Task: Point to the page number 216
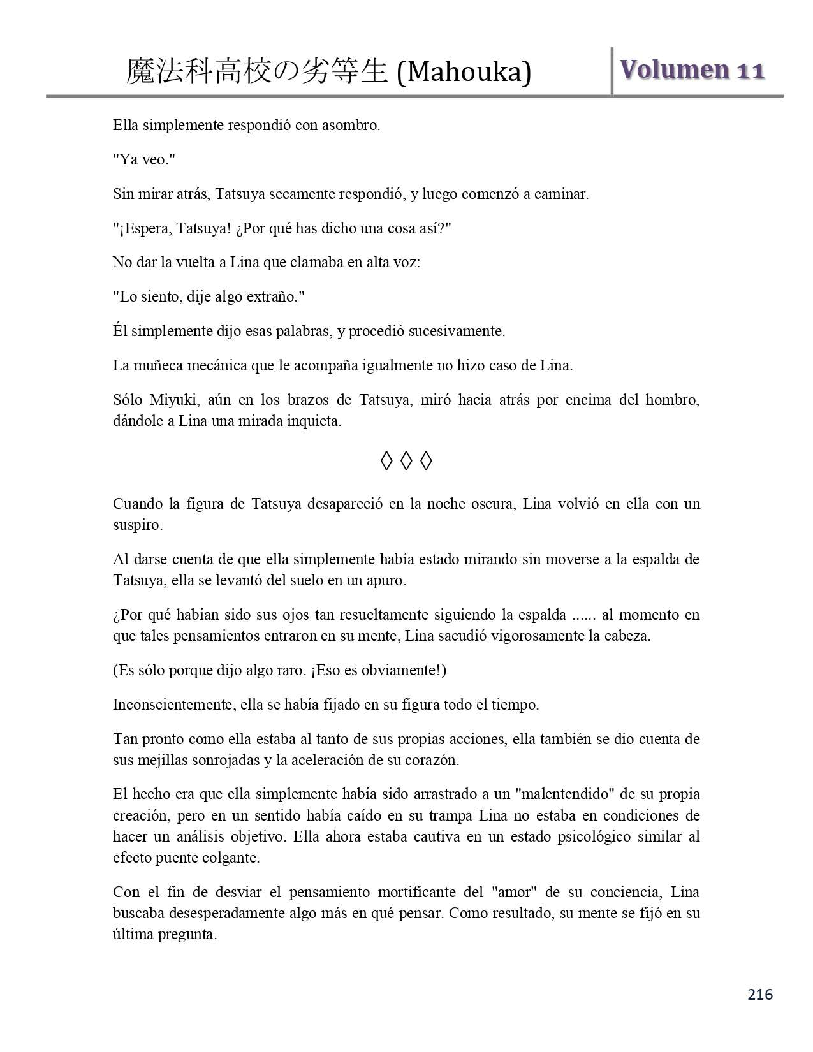[x=760, y=994]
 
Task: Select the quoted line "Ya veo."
[x=143, y=159]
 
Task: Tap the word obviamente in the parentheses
[x=393, y=670]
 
